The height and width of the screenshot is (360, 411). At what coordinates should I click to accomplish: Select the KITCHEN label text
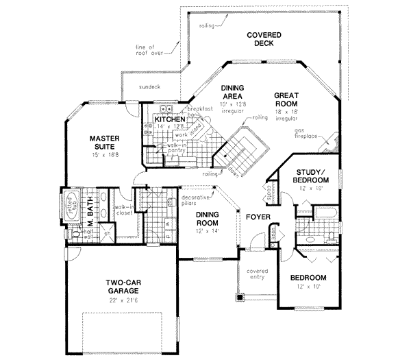tap(171, 119)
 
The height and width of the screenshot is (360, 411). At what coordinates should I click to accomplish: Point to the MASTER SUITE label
tap(105, 142)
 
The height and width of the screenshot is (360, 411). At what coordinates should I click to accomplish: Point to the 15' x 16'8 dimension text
tap(105, 155)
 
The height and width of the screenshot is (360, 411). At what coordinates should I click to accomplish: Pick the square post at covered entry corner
tap(240, 298)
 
